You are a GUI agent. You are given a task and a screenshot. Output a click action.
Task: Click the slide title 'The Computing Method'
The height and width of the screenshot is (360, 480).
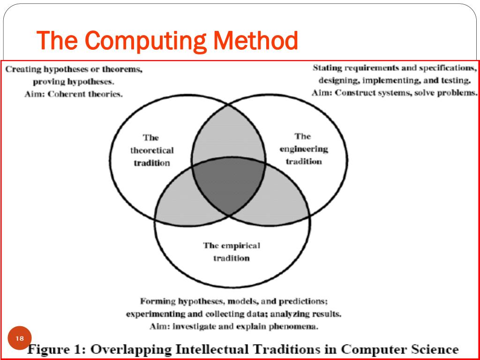tap(167, 41)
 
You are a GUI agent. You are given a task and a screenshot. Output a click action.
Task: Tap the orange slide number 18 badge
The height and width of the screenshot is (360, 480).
tap(20, 339)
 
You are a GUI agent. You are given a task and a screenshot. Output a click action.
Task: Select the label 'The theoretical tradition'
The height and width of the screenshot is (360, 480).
tap(151, 150)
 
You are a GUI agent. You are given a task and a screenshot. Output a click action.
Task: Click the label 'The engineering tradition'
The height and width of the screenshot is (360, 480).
tap(303, 149)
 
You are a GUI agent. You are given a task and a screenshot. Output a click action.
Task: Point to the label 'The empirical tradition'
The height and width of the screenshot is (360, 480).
tap(232, 252)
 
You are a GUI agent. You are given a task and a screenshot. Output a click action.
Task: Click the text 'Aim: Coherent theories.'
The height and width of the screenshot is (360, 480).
tap(74, 94)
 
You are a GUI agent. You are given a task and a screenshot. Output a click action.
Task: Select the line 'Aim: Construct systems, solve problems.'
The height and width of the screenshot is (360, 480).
tap(394, 93)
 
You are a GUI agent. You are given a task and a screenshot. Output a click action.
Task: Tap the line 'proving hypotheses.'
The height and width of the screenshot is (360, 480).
tap(74, 82)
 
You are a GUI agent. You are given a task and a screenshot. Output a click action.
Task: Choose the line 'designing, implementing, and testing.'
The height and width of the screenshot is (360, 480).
tap(394, 80)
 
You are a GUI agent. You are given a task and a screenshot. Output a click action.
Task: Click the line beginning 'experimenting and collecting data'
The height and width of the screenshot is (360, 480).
tap(233, 314)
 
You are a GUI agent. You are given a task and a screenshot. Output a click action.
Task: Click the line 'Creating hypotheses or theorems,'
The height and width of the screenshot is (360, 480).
tap(74, 69)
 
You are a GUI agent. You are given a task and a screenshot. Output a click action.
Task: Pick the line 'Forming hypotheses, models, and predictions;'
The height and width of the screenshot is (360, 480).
tap(233, 301)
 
